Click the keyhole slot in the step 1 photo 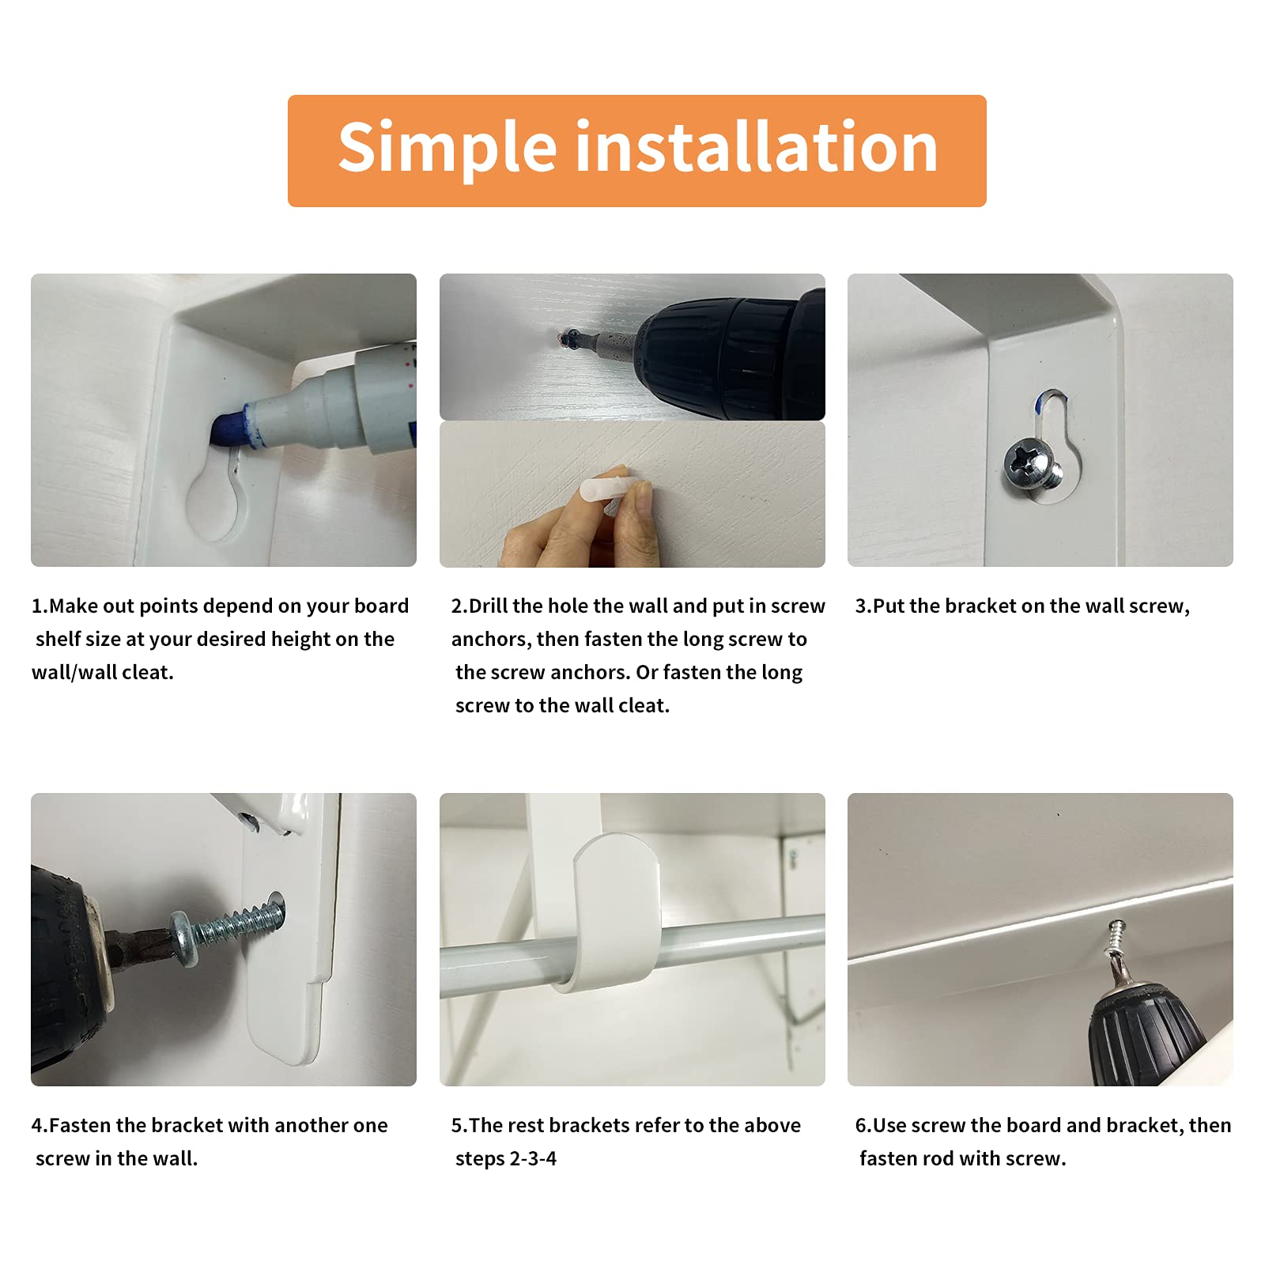click(x=214, y=500)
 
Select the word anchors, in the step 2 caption click(x=490, y=640)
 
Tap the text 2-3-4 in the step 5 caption click(x=533, y=1159)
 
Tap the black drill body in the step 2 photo click(x=735, y=352)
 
